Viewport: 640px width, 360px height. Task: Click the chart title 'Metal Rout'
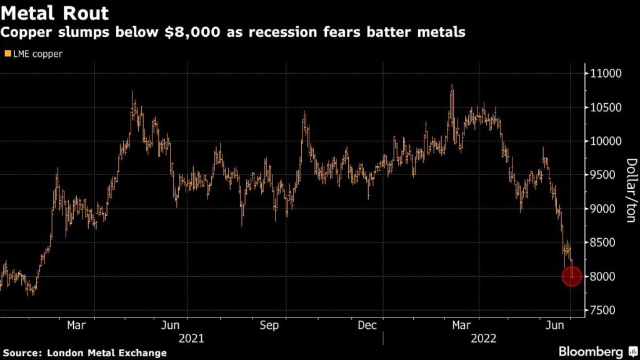(x=55, y=13)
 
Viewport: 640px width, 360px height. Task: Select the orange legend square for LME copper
(x=7, y=54)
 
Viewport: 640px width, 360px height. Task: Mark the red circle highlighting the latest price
(x=572, y=276)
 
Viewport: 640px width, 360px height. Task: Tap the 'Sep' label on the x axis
(x=269, y=325)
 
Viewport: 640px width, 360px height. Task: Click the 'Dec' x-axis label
(x=367, y=325)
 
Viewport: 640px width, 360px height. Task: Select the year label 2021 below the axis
(x=191, y=338)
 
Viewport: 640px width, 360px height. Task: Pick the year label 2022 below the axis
(x=484, y=338)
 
